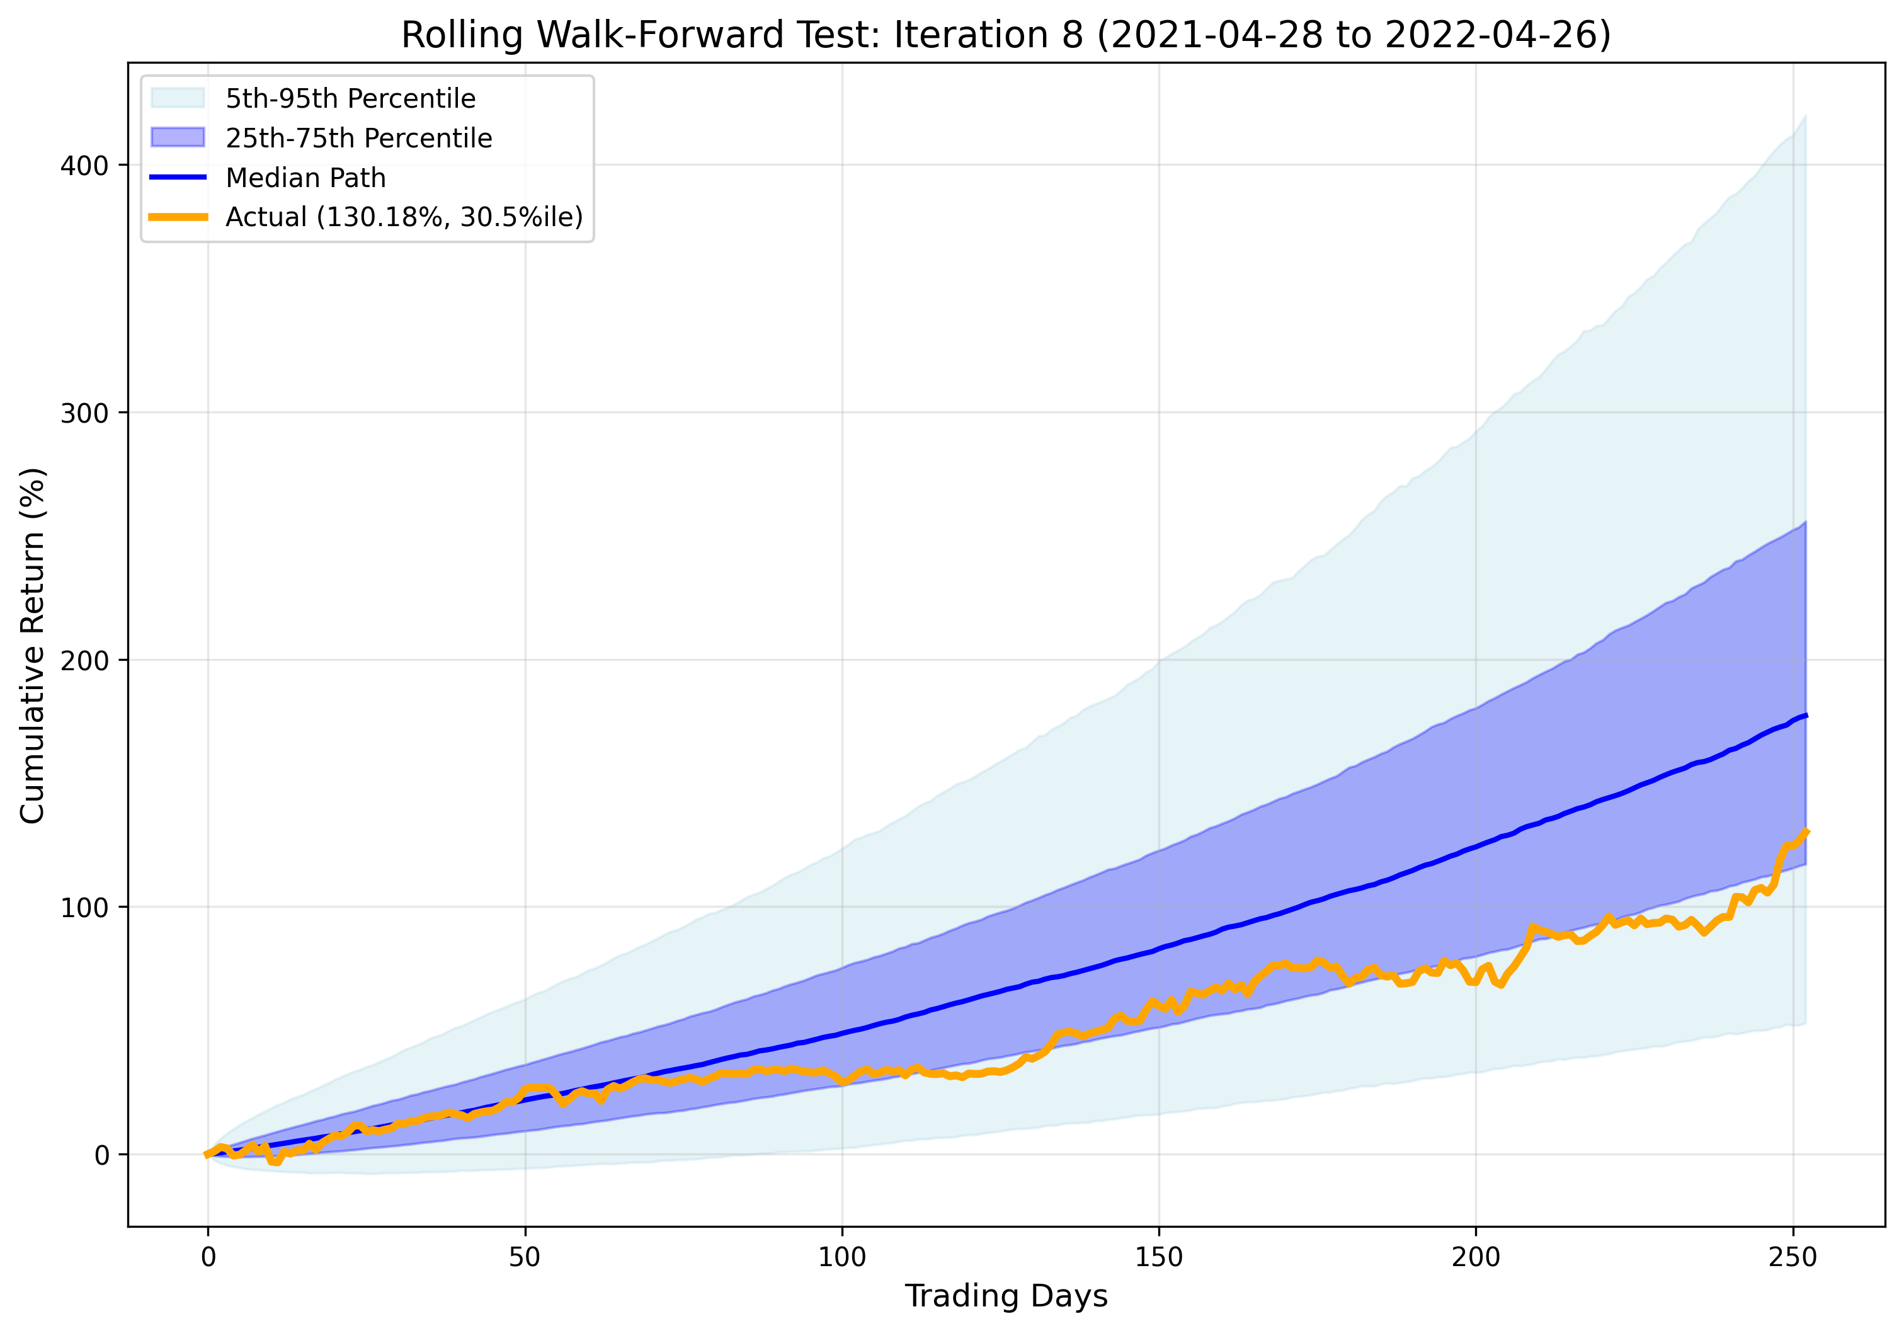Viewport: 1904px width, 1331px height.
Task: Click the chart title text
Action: click(x=1006, y=36)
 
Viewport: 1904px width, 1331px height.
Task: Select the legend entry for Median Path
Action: click(x=305, y=178)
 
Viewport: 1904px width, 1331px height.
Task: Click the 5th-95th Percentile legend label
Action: click(x=350, y=99)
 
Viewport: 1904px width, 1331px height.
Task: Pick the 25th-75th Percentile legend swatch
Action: click(x=178, y=138)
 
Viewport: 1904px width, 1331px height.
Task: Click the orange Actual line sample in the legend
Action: click(x=178, y=217)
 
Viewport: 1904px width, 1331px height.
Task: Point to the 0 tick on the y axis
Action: click(x=102, y=1155)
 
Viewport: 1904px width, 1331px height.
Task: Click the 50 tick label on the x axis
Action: click(x=525, y=1257)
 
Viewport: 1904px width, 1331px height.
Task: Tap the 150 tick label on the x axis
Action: click(x=1158, y=1257)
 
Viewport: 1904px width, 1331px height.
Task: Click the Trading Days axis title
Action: click(x=1006, y=1295)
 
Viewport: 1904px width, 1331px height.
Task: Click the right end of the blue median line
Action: click(x=1805, y=715)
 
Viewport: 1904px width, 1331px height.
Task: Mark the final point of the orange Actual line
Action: click(x=1805, y=831)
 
